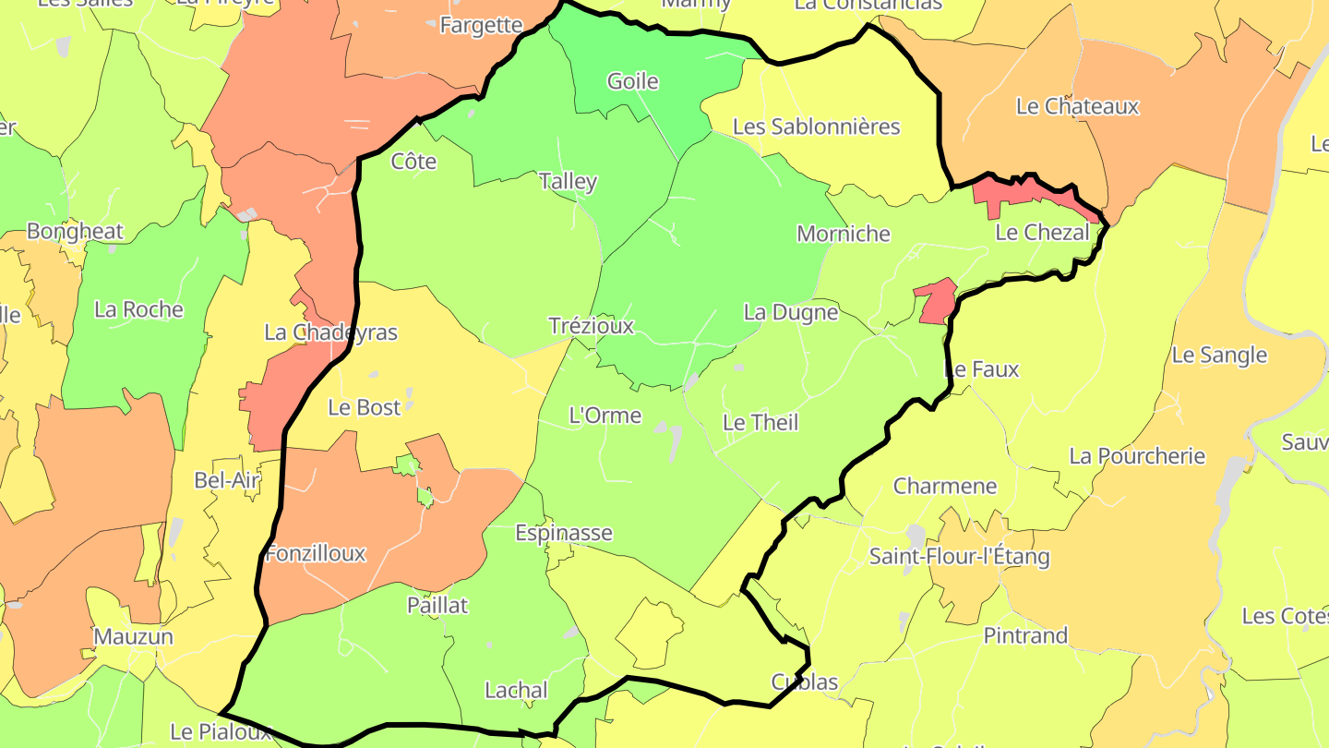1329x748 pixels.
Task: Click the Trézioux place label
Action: (591, 326)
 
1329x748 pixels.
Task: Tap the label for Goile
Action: (632, 81)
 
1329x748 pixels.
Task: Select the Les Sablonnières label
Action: (816, 127)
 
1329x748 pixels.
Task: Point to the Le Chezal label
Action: (1042, 233)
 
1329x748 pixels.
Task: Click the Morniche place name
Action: (844, 234)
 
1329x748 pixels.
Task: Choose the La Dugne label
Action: (790, 312)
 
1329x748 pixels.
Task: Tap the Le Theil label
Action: (760, 423)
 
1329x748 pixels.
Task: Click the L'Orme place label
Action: (605, 416)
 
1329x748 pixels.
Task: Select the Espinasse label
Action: (563, 533)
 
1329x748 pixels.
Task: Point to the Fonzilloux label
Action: (316, 554)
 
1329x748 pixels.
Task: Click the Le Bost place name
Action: (365, 407)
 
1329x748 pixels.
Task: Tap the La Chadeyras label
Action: (330, 332)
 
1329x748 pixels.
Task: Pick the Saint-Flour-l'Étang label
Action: (959, 557)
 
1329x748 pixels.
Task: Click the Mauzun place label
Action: (133, 637)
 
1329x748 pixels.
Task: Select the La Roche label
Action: (138, 309)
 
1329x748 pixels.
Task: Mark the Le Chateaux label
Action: (1077, 106)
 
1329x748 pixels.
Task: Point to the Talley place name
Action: (568, 181)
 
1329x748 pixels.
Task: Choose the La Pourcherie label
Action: (1137, 456)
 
